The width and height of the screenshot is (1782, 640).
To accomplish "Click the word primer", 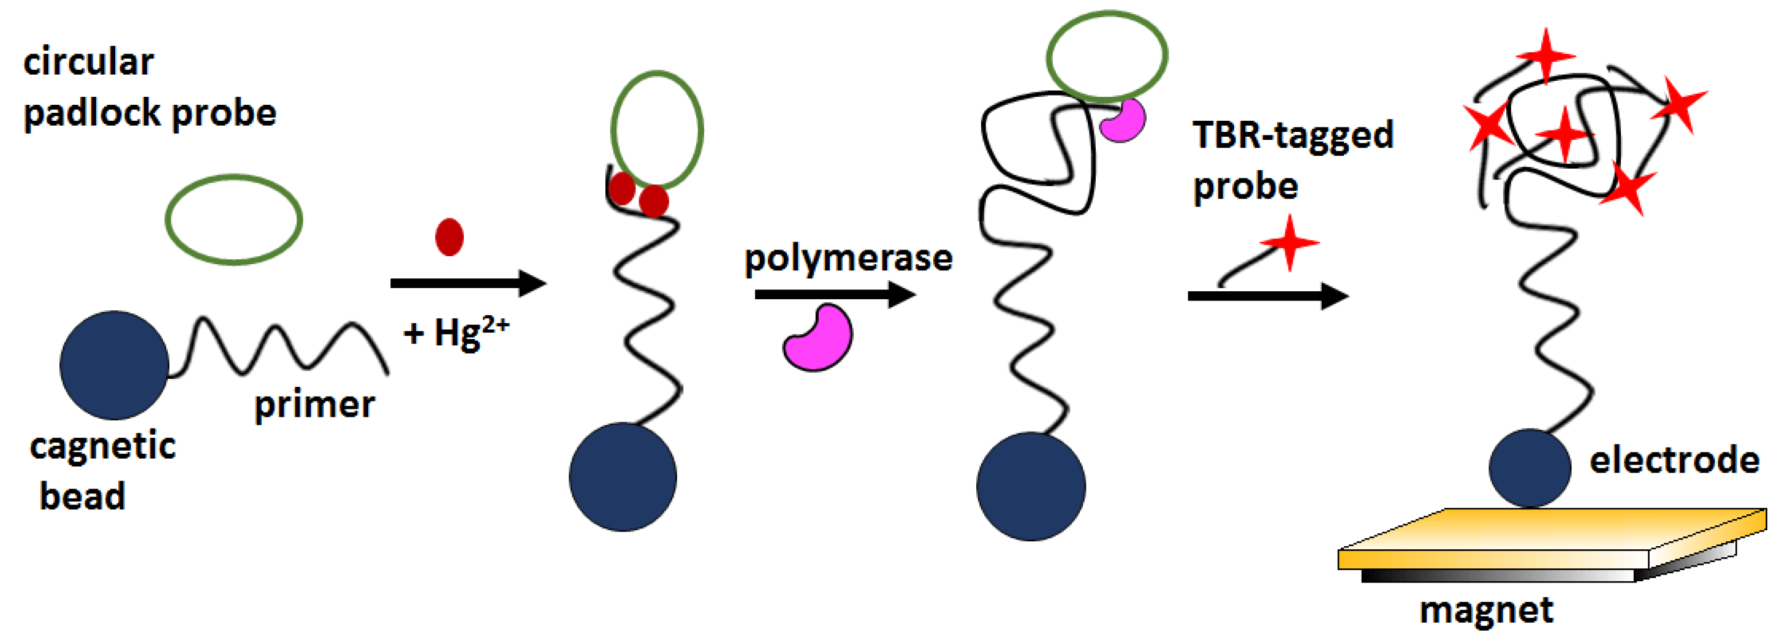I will click(x=314, y=405).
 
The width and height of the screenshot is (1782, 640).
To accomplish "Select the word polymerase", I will click(x=848, y=258).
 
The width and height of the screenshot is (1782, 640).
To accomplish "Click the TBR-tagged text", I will click(x=1292, y=135).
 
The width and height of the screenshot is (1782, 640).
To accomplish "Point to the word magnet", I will click(x=1486, y=610).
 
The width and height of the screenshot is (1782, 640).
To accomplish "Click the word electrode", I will click(x=1674, y=460).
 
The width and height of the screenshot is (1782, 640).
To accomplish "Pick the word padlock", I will click(x=91, y=113).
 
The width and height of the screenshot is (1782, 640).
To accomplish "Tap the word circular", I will click(x=88, y=63).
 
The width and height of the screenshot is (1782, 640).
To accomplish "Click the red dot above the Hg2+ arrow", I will click(x=449, y=237).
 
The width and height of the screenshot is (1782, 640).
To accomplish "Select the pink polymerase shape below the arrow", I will click(x=818, y=338).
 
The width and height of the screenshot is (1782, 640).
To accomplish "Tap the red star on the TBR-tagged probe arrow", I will click(x=1289, y=243).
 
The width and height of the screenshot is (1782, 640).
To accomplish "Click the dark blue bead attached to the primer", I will click(x=114, y=365).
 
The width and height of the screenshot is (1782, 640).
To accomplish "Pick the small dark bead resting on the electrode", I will click(x=1530, y=468).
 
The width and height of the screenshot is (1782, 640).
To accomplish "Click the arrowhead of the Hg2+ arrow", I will click(x=533, y=283).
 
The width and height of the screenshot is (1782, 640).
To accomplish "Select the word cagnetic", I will click(x=102, y=446).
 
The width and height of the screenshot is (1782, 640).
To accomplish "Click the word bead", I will click(x=82, y=496).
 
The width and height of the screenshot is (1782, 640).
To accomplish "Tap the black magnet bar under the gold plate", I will click(x=1498, y=576).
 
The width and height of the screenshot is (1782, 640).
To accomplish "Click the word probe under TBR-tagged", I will click(x=1245, y=187).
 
